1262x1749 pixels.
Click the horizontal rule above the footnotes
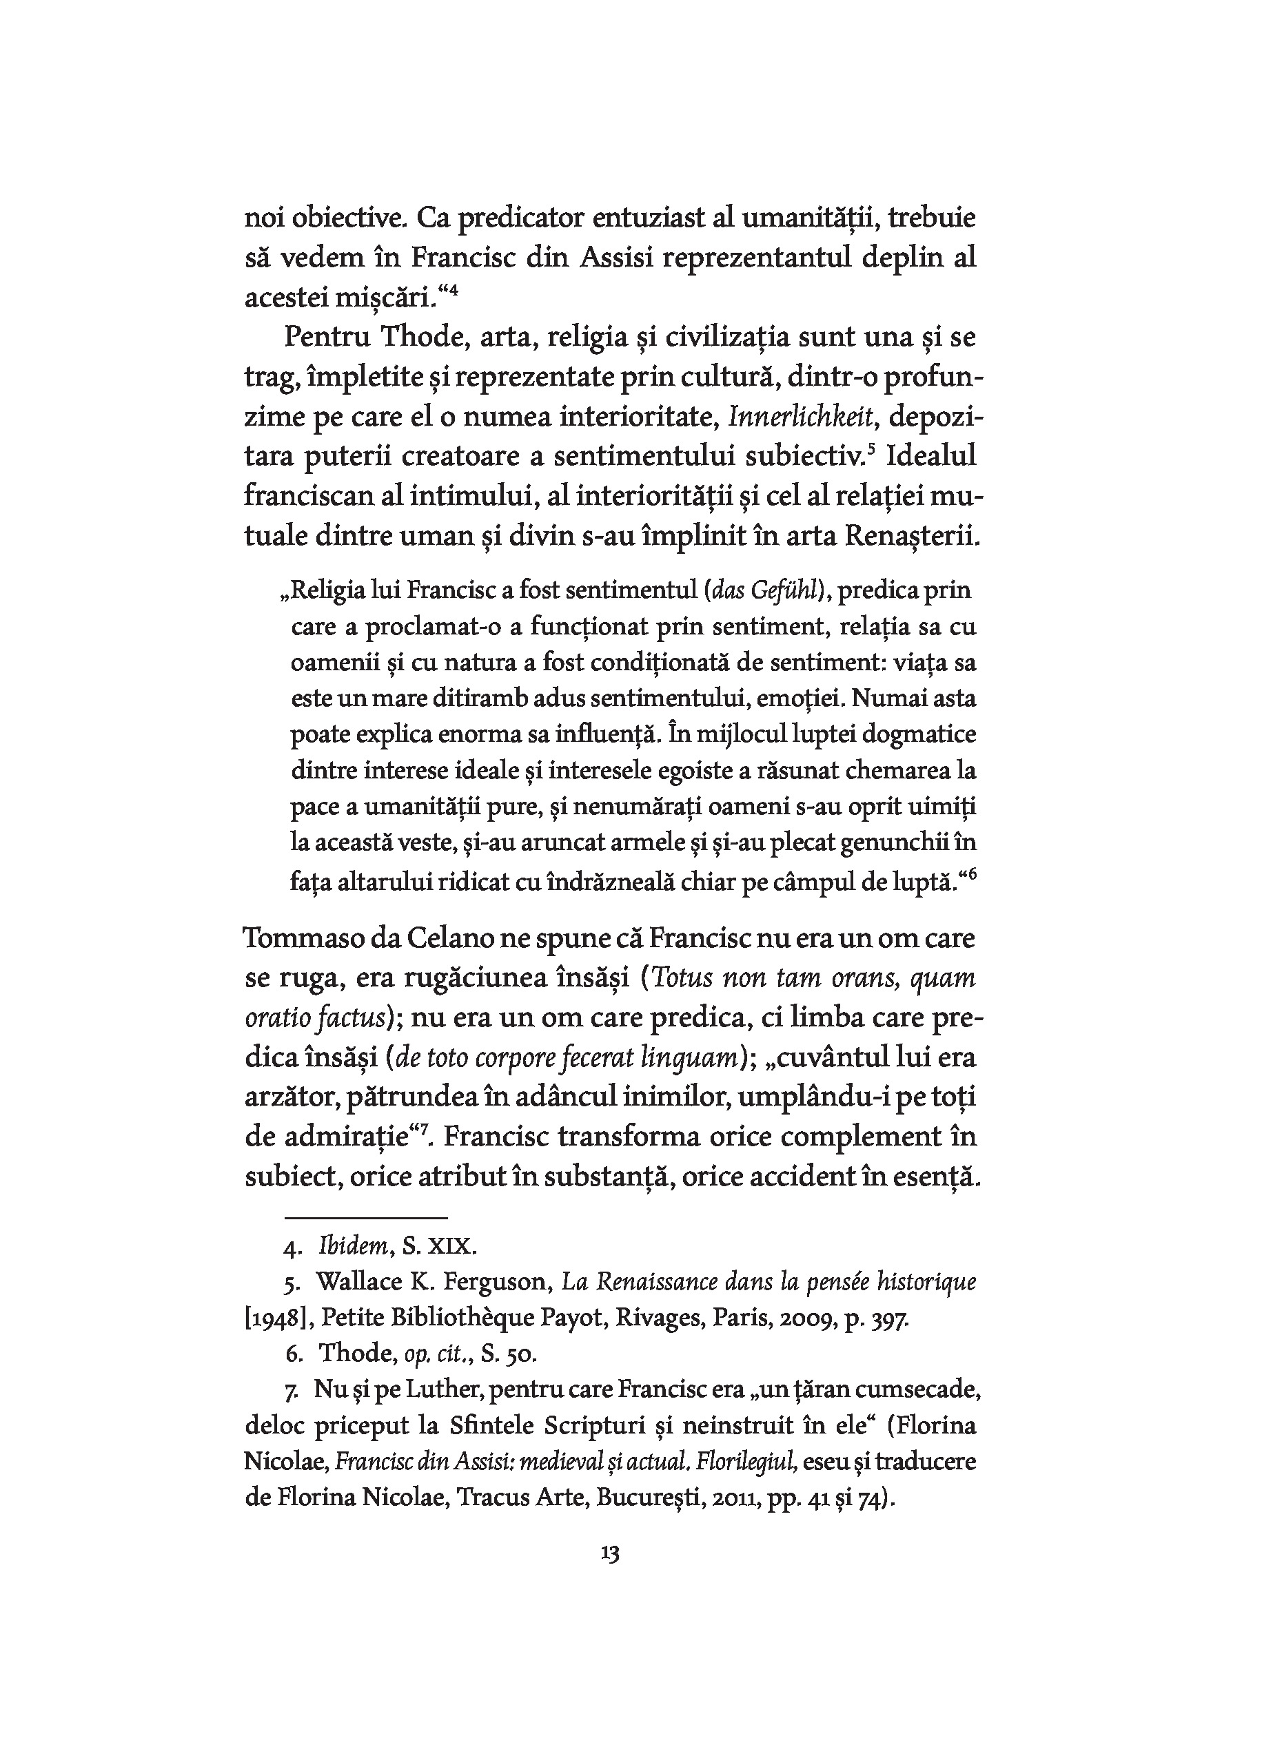pos(365,1218)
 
